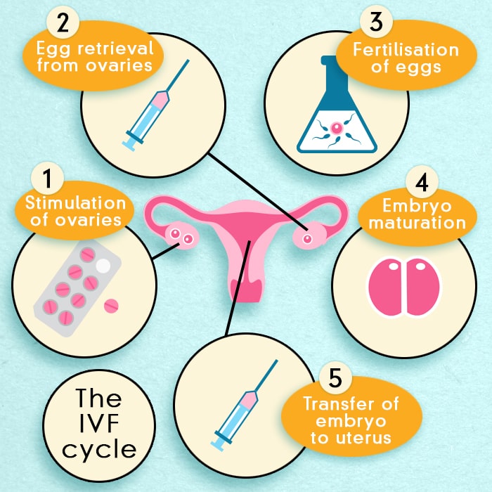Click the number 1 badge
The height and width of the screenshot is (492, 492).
coord(47,178)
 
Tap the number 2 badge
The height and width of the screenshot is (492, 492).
coord(63,22)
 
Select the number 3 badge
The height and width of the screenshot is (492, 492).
coord(376,21)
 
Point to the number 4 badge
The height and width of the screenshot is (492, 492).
coord(422,181)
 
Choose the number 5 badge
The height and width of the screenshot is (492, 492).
coord(335,378)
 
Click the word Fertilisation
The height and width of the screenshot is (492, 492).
coord(406,50)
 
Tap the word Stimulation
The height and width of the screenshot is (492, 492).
coord(76,202)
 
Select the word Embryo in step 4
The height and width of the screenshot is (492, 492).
coord(417,207)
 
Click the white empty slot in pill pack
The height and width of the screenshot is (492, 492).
coord(103,266)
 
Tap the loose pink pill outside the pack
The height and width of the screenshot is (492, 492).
coord(111,306)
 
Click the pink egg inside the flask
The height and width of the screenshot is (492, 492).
coord(336,128)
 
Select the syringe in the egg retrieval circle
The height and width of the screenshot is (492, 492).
coord(156,105)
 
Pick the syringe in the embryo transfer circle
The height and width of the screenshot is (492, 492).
coord(244,406)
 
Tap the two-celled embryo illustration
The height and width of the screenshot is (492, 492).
coord(404,287)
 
